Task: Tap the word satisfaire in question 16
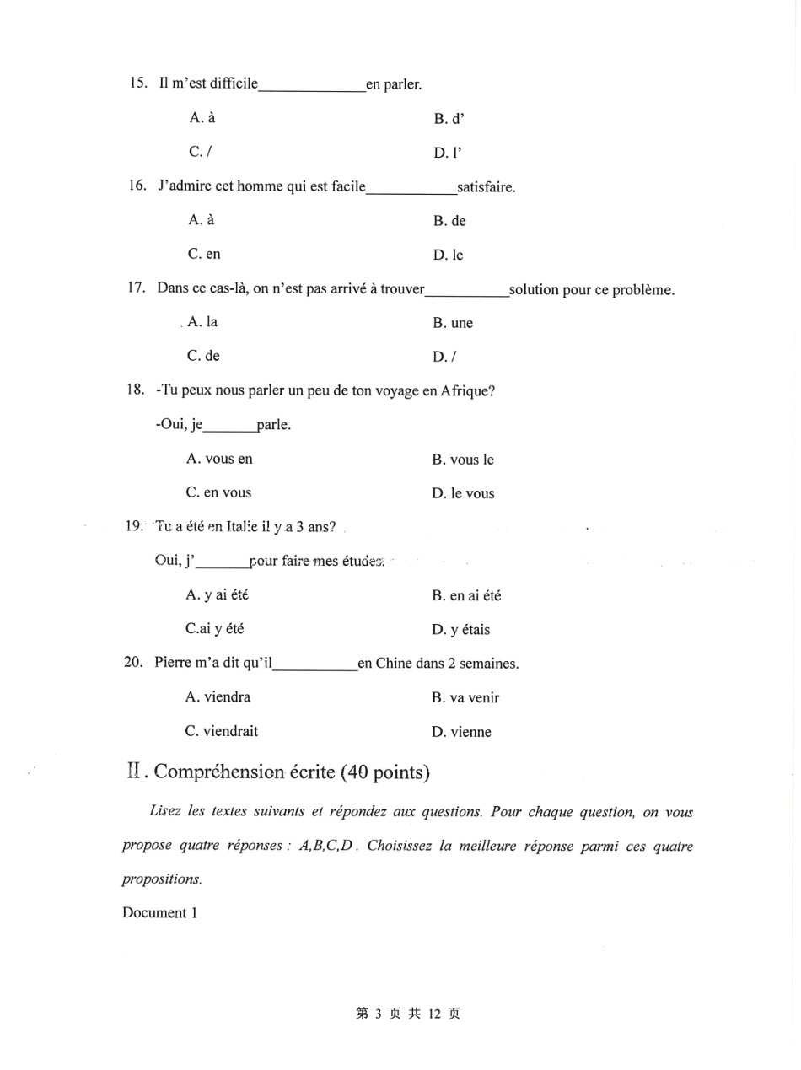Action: click(x=485, y=186)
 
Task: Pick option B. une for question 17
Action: click(x=453, y=323)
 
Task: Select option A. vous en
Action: click(x=219, y=460)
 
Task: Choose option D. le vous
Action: click(x=463, y=493)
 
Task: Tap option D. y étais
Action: click(x=460, y=630)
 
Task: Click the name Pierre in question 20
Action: click(x=175, y=664)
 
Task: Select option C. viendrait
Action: click(x=222, y=731)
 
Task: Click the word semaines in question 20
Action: click(x=489, y=664)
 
